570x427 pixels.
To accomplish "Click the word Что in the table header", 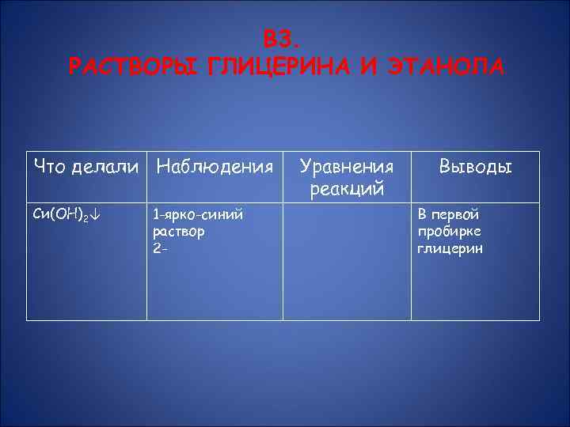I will (x=50, y=166).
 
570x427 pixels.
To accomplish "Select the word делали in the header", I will (x=107, y=166).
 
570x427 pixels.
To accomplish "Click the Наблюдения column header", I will (x=215, y=166).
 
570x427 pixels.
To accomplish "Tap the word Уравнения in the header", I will (x=346, y=167).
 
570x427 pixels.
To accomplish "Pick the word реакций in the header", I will (x=346, y=188).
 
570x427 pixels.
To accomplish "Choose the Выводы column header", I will (x=476, y=167).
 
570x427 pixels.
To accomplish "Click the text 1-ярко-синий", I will (x=198, y=215).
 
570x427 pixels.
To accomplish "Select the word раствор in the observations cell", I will (x=179, y=232).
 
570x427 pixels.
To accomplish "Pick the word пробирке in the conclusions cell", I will (x=448, y=232).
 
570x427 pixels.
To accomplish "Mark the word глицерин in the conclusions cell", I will (x=450, y=249).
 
